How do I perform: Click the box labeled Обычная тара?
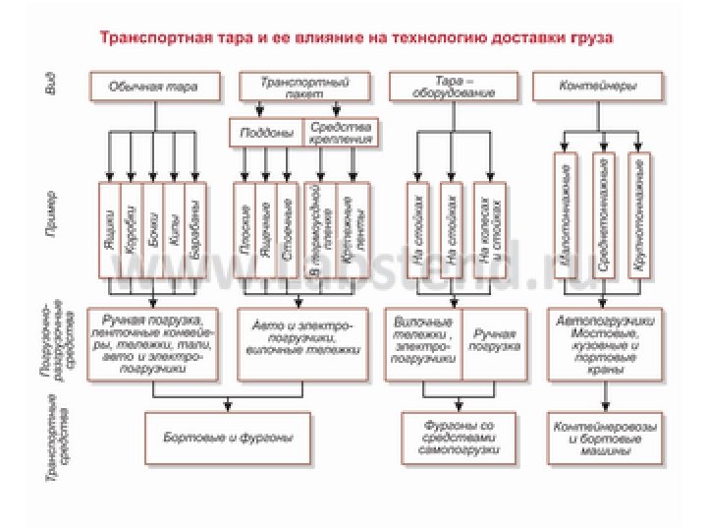click(x=153, y=87)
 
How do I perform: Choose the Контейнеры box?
click(x=597, y=87)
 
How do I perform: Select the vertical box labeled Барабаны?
click(x=196, y=227)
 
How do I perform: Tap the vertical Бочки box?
click(x=152, y=227)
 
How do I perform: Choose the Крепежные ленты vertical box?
click(x=352, y=227)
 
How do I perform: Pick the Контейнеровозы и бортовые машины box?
click(x=603, y=433)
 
